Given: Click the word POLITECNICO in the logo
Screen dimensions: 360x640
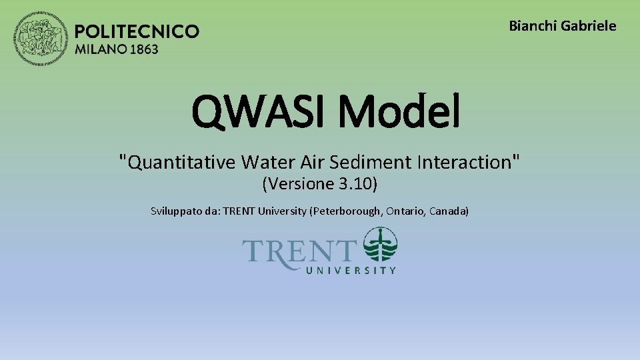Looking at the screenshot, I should point(137,31).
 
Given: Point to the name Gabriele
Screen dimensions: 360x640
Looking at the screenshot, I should point(589,26).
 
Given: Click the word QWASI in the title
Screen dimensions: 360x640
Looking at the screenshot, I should point(261,112).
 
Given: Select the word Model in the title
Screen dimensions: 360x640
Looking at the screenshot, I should point(399,112).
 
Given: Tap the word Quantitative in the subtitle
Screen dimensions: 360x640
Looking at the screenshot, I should point(178,162).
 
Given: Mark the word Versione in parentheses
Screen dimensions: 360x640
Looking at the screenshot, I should point(301,183).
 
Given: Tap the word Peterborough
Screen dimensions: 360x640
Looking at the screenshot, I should point(345,211).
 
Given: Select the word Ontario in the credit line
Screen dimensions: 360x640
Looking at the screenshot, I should point(405,211).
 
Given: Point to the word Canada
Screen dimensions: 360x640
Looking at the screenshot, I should point(449,211).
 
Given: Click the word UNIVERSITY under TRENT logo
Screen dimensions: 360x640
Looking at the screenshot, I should point(351,270).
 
